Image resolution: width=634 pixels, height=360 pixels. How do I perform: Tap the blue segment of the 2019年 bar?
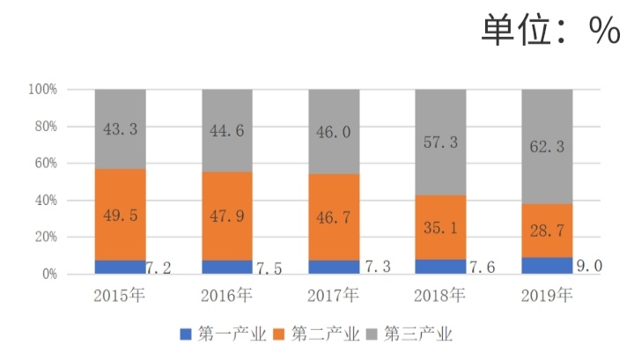547,265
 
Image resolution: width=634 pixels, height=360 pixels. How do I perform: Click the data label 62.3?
547,147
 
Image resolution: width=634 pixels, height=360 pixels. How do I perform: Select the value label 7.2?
164,267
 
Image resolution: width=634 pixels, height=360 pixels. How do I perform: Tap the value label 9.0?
590,265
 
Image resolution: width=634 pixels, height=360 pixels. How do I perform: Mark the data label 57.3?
440,142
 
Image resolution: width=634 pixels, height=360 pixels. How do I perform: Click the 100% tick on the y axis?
42,90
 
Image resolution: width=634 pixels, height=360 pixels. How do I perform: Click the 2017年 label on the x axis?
334,295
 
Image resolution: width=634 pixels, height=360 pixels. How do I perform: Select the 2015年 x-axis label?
121,295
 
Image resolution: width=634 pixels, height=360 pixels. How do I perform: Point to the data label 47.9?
227,214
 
